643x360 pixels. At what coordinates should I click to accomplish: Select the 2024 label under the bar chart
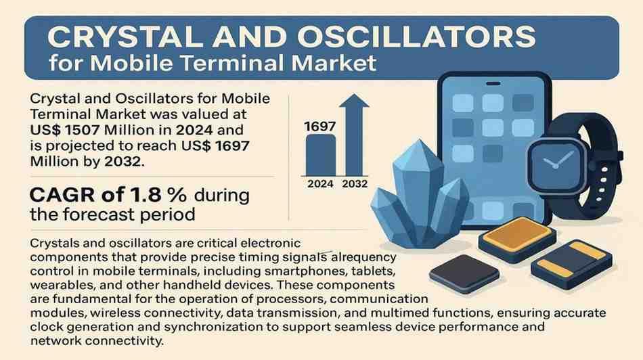320,184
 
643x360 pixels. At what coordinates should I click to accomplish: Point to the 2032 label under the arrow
355,184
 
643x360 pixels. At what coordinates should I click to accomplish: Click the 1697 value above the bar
320,127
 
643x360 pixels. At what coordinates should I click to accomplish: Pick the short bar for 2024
320,156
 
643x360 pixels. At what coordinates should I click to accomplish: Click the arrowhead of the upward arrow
354,101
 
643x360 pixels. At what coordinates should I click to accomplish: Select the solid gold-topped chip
517,238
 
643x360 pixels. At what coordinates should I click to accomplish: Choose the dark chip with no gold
464,273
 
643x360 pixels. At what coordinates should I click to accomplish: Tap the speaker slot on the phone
493,84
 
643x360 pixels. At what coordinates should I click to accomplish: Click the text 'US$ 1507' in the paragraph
65,130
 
